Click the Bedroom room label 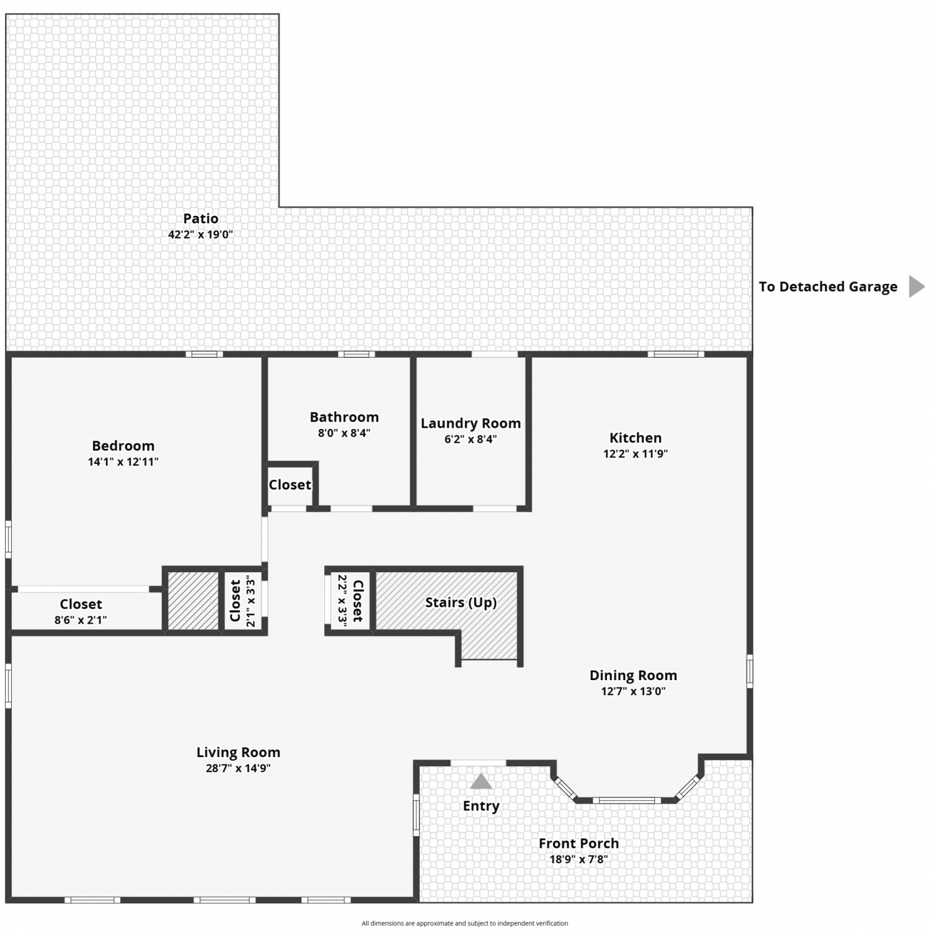point(123,446)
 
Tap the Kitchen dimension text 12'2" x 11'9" point(635,454)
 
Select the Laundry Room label point(471,423)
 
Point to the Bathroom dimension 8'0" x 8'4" point(344,433)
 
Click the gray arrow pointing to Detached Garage point(916,286)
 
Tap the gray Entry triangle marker point(481,782)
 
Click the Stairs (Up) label point(461,603)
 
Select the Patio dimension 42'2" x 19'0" point(200,235)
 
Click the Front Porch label point(578,843)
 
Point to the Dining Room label point(633,676)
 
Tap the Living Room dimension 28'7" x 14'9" point(238,768)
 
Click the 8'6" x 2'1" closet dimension point(81,620)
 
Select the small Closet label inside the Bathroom point(290,485)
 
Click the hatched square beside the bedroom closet point(193,600)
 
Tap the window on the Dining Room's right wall point(750,671)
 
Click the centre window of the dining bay point(627,800)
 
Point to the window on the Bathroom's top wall point(356,354)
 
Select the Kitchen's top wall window point(676,354)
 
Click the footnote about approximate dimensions point(464,923)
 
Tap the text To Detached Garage point(828,286)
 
